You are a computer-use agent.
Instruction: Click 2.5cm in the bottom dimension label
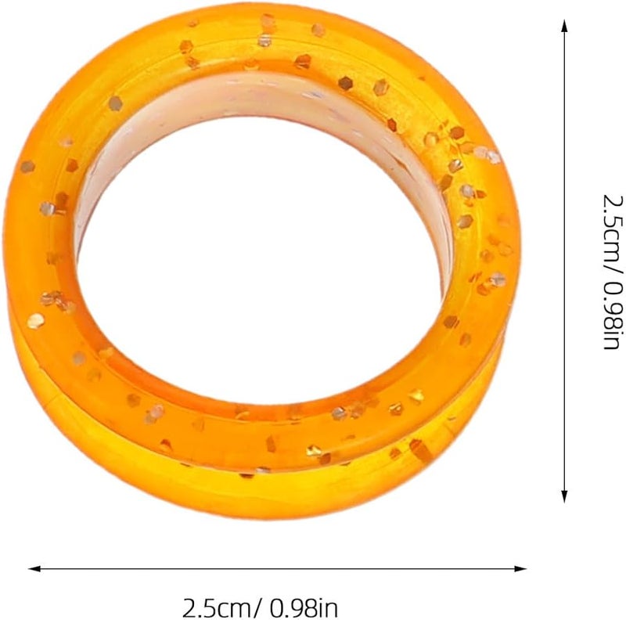click(218, 607)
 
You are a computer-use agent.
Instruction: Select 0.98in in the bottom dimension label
click(304, 607)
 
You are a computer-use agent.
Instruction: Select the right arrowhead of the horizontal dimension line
click(520, 568)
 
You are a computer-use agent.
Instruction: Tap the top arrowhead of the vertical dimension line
click(564, 26)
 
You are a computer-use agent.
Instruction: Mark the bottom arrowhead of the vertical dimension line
click(564, 496)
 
